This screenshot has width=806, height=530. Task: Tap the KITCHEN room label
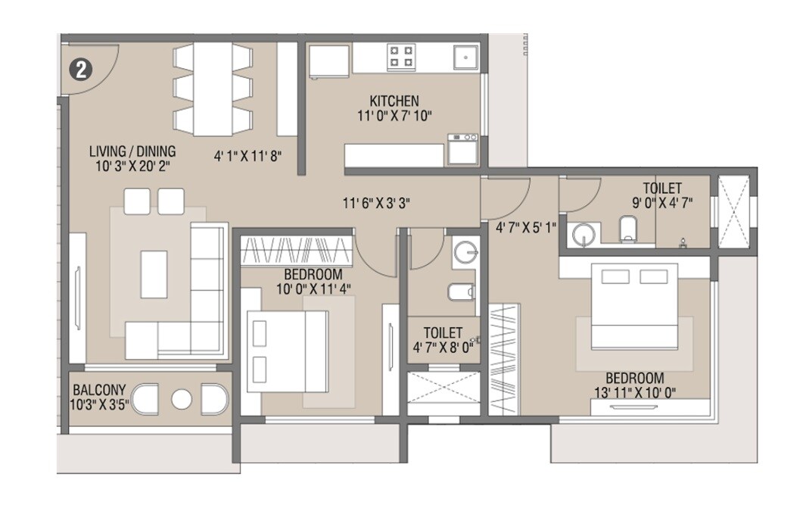394,101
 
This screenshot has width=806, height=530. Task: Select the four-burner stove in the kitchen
401,56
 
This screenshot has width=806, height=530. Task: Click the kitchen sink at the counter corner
465,56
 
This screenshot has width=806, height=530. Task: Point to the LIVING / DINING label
132,151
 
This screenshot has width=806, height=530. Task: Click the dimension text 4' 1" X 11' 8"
247,157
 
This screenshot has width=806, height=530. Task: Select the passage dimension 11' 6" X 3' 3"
376,203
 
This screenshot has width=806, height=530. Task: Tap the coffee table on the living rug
154,273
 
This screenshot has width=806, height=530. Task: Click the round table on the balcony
182,399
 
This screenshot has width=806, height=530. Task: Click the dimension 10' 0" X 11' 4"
313,288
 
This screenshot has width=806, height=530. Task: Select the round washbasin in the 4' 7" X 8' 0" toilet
464,252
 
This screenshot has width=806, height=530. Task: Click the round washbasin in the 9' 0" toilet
583,235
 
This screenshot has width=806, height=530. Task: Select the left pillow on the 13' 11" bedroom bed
615,276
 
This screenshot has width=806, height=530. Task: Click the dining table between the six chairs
213,89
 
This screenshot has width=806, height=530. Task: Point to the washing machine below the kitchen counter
462,149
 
